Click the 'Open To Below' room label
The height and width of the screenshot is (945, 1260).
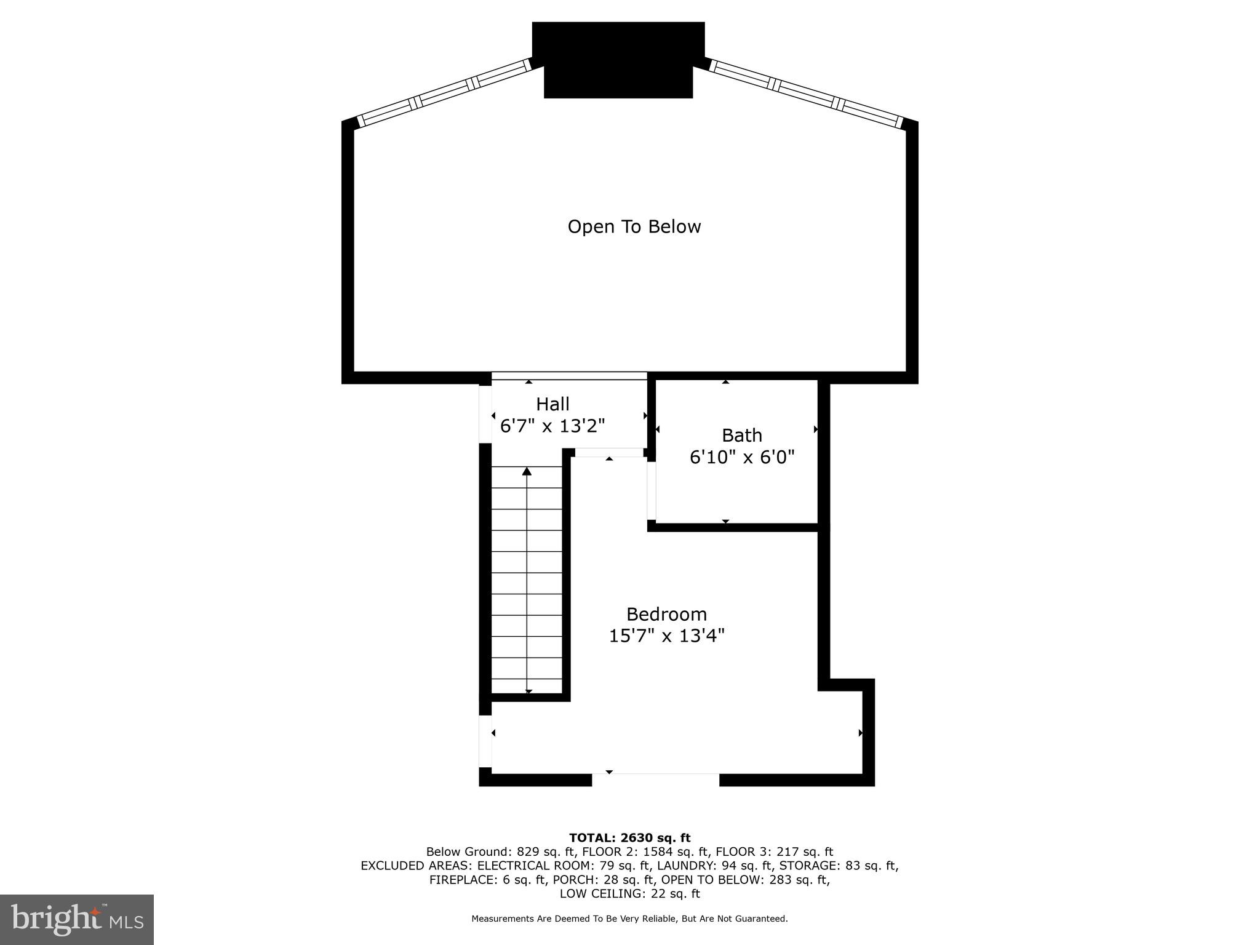click(x=634, y=227)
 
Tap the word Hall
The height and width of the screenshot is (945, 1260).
click(x=552, y=404)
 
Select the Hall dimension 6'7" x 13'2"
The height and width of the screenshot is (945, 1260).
click(x=552, y=426)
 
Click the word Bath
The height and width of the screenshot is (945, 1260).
click(x=741, y=436)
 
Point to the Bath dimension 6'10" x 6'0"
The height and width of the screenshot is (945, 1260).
click(x=742, y=457)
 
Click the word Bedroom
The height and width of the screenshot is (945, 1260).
click(x=666, y=614)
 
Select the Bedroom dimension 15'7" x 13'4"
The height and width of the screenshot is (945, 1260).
click(x=666, y=636)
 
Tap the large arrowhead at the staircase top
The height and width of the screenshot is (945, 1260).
click(x=527, y=472)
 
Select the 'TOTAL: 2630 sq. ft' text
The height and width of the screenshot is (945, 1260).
click(x=629, y=838)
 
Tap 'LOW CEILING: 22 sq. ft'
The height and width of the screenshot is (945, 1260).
click(x=629, y=894)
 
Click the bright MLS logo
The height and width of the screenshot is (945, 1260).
click(x=77, y=920)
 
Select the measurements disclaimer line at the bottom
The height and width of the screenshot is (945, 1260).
click(x=629, y=919)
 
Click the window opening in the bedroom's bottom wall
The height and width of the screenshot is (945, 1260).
click(x=655, y=779)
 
